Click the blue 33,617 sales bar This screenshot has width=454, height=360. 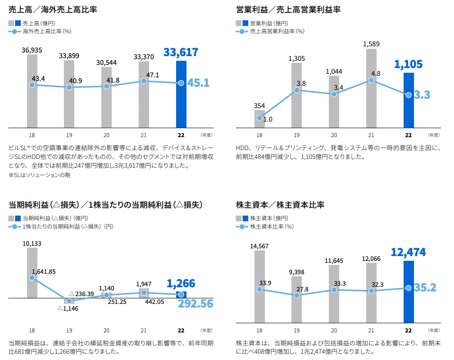[x=181, y=95]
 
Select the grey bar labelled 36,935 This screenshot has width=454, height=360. [x=32, y=91]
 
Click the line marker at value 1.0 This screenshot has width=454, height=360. [x=259, y=118]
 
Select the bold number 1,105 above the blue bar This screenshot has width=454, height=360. [x=409, y=64]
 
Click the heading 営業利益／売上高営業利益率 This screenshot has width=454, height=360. [x=288, y=9]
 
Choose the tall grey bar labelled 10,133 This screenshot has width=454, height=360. [x=32, y=273]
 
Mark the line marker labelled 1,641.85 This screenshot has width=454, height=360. [x=32, y=278]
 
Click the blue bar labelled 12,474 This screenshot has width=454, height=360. [x=408, y=291]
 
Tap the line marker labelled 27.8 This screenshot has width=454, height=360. [x=297, y=295]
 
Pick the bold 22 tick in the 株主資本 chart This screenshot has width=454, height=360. [x=408, y=330]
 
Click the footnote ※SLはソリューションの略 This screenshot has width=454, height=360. [x=39, y=175]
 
